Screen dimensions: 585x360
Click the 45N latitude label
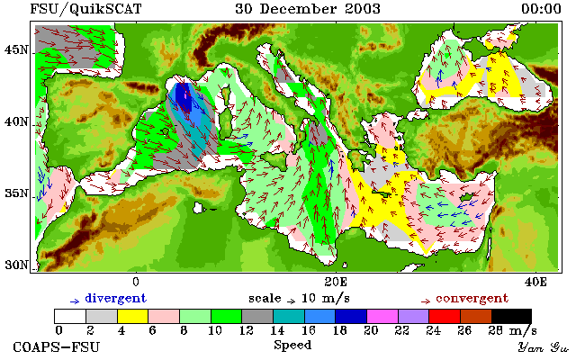coord(16,50)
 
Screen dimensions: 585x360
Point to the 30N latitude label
coord(16,265)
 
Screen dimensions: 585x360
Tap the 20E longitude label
coord(336,282)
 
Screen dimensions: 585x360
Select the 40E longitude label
coord(535,282)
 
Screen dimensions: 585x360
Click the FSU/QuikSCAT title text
coord(85,9)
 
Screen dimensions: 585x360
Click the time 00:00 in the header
coord(541,9)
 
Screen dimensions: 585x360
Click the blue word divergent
coord(116,299)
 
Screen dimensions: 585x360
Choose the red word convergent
coord(472,299)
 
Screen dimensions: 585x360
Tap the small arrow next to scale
coord(291,301)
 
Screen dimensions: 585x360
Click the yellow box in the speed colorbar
coord(132,316)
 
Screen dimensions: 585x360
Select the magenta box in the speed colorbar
coord(382,316)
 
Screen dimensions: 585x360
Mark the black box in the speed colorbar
coord(511,316)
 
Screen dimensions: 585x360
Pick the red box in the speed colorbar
coord(445,316)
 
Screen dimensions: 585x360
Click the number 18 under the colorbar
coord(339,330)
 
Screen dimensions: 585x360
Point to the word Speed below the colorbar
coord(292,346)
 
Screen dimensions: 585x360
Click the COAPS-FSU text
coord(57,347)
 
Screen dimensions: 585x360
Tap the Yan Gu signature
coord(543,348)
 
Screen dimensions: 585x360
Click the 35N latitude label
coord(16,193)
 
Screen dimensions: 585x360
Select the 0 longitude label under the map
coord(136,282)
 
